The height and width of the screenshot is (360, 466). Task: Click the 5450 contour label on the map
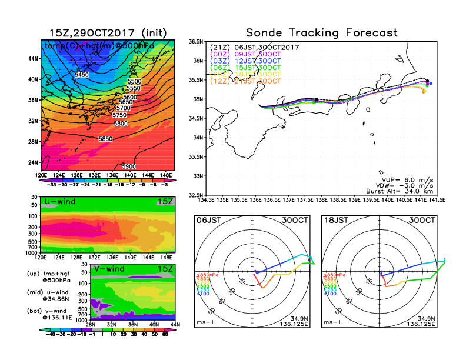82,75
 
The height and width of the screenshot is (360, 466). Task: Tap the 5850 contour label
106,139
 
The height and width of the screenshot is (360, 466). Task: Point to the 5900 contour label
129,166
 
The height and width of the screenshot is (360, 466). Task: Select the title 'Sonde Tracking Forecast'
321,33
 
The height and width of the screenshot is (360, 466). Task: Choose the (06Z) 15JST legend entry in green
249,68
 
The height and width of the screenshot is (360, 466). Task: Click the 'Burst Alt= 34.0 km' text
405,191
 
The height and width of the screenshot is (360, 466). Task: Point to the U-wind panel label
59,202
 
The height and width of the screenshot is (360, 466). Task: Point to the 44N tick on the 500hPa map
33,59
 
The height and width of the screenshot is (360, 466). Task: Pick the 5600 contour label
129,97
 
